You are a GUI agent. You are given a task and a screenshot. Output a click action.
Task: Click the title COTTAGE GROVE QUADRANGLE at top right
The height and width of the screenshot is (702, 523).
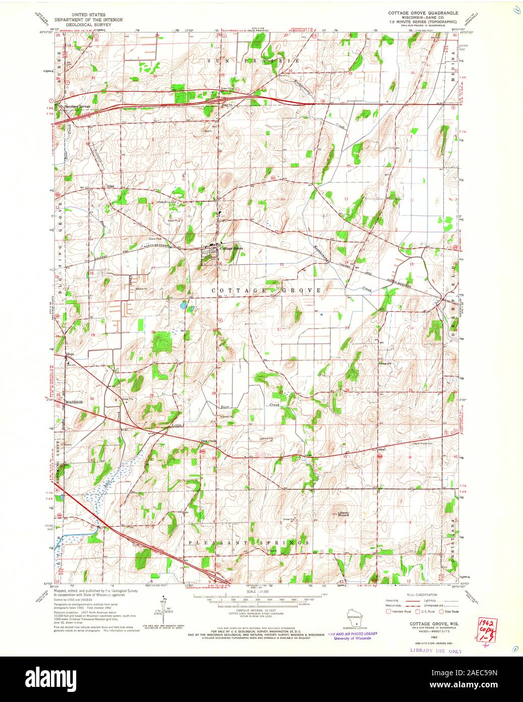(423, 12)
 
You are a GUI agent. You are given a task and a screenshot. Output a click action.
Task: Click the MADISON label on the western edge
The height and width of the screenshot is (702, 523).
(73, 402)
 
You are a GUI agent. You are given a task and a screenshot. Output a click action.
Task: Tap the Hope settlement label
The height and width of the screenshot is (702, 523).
(70, 355)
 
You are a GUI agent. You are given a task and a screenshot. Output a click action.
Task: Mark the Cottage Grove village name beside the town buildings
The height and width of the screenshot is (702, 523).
(232, 248)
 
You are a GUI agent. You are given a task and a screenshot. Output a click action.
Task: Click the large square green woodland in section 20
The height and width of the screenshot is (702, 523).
(162, 341)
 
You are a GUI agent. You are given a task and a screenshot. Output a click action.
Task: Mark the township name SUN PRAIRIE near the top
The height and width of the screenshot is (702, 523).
(258, 61)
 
